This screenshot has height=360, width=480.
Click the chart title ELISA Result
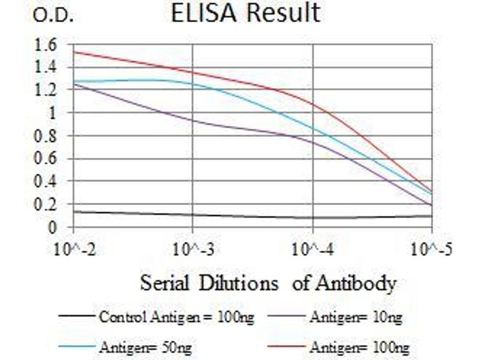pos(245,14)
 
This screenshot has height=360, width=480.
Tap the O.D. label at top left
pos(53,17)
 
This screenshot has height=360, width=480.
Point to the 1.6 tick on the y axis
pos(46,44)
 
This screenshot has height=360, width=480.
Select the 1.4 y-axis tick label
pos(46,67)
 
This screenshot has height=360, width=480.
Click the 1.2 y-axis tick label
pos(46,90)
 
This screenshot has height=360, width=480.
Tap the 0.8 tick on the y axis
pos(46,136)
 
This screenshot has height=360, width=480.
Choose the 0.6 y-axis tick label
pos(46,158)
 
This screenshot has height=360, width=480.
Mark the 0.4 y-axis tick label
pos(46,181)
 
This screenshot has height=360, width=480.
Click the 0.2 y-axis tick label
pos(46,204)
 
